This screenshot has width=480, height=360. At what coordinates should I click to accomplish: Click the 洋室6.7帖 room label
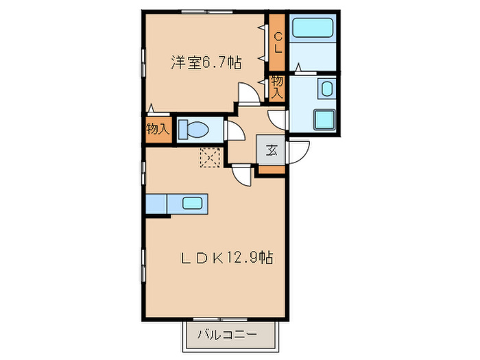pos(206,62)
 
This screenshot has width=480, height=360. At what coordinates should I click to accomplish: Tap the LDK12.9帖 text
pos(227,259)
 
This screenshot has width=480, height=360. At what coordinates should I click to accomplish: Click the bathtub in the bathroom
pos(312,29)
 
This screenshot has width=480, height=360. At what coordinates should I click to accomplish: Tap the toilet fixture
pos(200,130)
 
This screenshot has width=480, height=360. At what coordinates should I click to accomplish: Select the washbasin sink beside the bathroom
pos(327,88)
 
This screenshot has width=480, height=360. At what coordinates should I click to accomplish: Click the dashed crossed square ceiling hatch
pos(208,157)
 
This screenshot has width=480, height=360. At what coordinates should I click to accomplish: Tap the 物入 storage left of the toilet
pos(158,130)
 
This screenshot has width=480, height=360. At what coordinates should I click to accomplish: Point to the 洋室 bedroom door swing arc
pos(249,93)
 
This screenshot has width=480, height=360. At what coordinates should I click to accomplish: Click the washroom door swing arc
pos(278,119)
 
